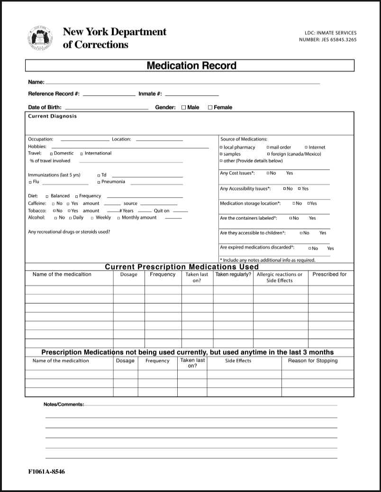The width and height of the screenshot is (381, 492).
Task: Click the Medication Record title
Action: tap(191, 65)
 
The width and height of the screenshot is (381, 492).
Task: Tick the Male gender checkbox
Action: tap(184, 108)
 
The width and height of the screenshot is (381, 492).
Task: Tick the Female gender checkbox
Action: tap(210, 108)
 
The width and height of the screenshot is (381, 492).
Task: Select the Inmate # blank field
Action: tap(192, 94)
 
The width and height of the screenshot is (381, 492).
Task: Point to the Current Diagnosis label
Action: tap(52, 116)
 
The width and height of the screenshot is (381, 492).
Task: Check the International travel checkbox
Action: tap(82, 154)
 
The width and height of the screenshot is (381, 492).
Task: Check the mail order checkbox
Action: tap(268, 147)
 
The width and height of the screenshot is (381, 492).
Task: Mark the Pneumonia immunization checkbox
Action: tap(99, 182)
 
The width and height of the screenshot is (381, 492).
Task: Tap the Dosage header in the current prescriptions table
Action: tap(128, 274)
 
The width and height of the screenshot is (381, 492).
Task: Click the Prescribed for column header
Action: tap(329, 274)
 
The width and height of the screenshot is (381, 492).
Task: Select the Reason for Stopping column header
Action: tap(313, 361)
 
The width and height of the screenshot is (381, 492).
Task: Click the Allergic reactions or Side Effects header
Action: tap(280, 277)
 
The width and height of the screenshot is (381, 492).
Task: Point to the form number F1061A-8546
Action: tap(46, 472)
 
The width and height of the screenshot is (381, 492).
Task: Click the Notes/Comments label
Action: tap(63, 404)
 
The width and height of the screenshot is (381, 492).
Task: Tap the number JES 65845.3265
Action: tap(328, 40)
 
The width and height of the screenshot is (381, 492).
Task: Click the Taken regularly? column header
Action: tap(233, 274)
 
